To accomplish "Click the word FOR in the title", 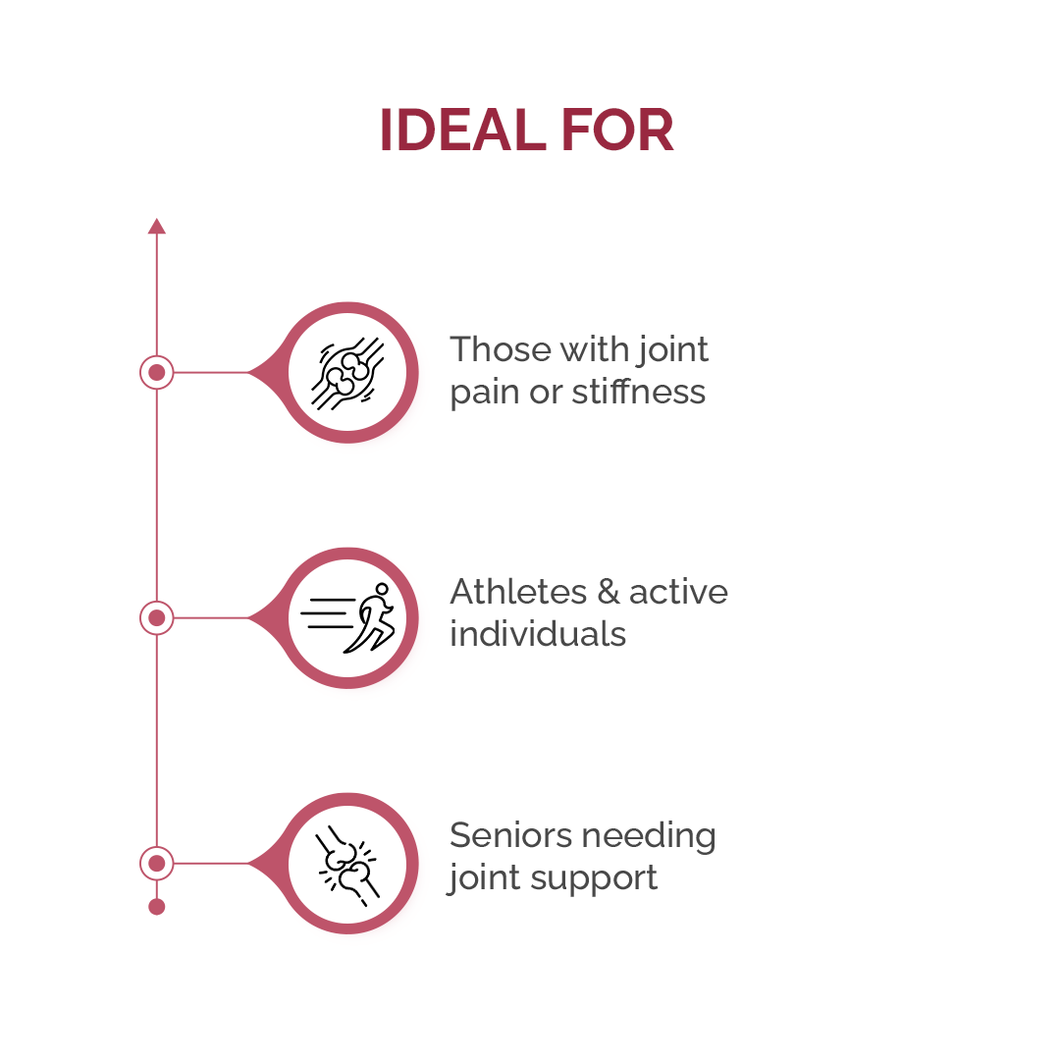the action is (617, 130).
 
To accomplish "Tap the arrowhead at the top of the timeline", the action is (157, 226).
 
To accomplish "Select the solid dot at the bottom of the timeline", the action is (157, 907).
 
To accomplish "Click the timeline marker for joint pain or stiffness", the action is (157, 373).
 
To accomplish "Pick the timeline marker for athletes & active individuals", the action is (157, 618).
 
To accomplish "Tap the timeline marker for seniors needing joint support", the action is (157, 864).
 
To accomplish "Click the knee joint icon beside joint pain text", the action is (347, 373).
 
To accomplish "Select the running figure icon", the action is (347, 618).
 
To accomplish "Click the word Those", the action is (501, 349).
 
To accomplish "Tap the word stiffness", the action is (639, 392).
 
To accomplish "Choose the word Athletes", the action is (518, 592).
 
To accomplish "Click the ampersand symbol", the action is (609, 592).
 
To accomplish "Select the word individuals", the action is (538, 634).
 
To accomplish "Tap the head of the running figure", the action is (383, 589).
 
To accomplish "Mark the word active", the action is (679, 592).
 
